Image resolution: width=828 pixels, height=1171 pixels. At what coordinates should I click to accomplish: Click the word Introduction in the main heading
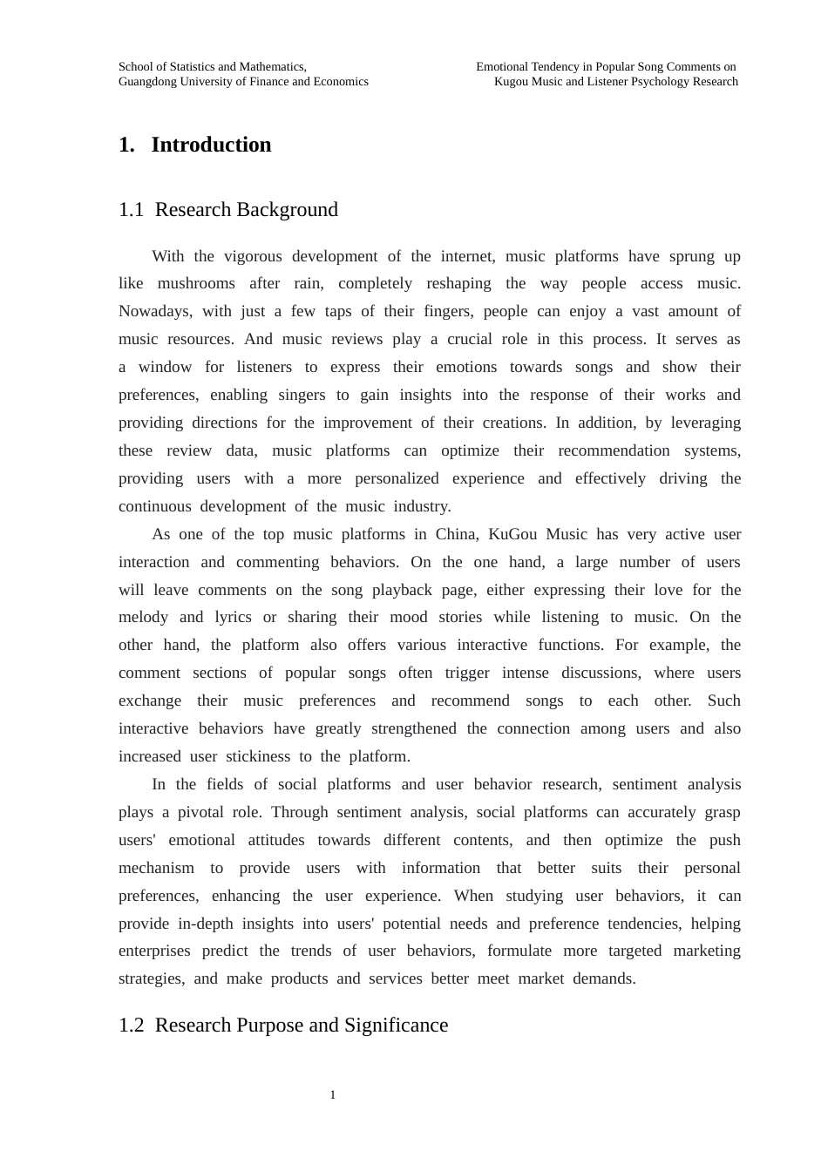pyautogui.click(x=211, y=145)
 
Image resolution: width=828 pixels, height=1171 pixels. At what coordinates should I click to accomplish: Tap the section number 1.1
pyautogui.click(x=131, y=210)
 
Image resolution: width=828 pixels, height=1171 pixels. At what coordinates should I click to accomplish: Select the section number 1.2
pyautogui.click(x=131, y=1025)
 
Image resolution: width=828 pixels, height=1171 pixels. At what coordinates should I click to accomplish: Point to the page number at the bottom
pyautogui.click(x=333, y=1095)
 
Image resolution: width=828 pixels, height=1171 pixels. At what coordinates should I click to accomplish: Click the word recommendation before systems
pyautogui.click(x=614, y=450)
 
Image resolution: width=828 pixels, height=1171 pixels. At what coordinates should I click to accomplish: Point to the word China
pyautogui.click(x=456, y=534)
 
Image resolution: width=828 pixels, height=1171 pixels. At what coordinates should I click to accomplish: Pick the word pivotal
pyautogui.click(x=200, y=812)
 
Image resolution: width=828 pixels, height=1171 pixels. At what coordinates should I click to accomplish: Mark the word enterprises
pyautogui.click(x=154, y=951)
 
